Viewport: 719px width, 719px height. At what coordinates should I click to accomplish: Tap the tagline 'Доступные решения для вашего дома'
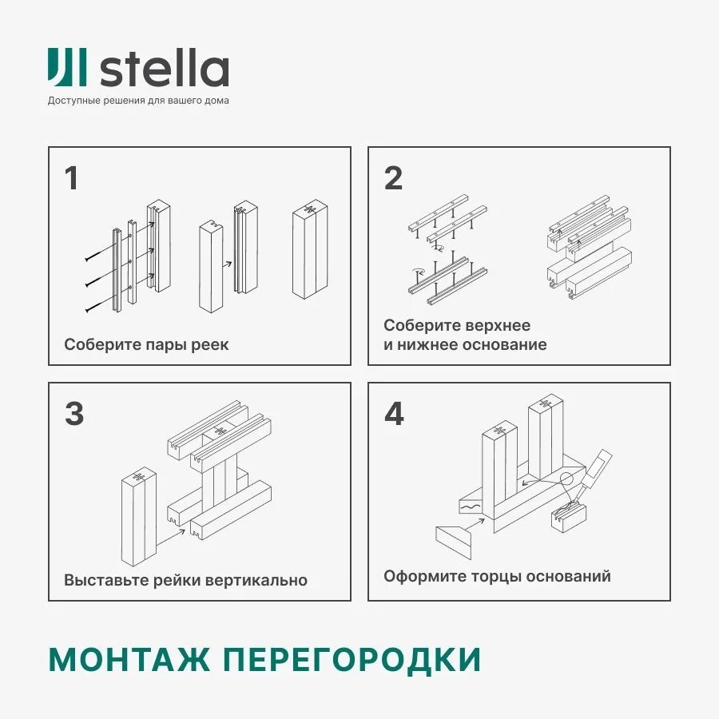(x=138, y=101)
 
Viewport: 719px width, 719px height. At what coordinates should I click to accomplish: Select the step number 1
(x=72, y=179)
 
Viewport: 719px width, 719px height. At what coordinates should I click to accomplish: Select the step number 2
(x=393, y=179)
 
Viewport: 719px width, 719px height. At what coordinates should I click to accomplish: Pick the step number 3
(x=73, y=414)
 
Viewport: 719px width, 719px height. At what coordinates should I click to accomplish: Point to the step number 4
(x=394, y=414)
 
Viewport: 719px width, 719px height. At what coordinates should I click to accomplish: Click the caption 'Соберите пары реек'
(x=146, y=345)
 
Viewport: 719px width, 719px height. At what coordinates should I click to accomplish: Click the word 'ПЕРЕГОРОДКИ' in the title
(x=352, y=660)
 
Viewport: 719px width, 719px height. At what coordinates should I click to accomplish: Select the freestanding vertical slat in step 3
(x=138, y=517)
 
